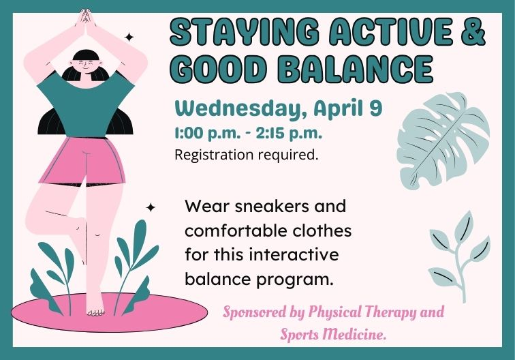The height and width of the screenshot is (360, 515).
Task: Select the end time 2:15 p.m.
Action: tap(287, 132)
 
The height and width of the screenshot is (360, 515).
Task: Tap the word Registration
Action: tap(213, 155)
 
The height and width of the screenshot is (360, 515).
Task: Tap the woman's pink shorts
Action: tap(82, 161)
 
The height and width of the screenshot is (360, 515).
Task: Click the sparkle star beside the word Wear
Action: tap(151, 207)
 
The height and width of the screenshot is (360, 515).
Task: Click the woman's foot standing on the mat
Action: tap(95, 310)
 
